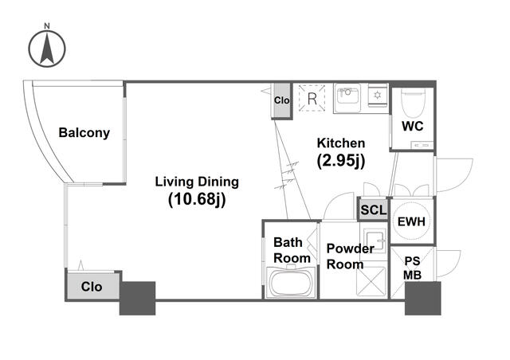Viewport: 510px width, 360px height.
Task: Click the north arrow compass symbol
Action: pos(47,49)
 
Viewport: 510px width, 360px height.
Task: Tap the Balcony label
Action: pos(84,133)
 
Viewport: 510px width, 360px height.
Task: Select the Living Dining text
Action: pos(197,182)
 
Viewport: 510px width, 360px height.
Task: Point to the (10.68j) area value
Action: pos(197,199)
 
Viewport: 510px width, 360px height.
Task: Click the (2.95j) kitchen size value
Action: pos(341,161)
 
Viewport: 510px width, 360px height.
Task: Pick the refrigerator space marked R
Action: pos(312,98)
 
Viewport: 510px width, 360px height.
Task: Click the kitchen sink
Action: pos(347,99)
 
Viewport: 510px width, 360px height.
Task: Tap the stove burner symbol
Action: pos(377,96)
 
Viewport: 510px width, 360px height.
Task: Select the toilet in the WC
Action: pos(413,104)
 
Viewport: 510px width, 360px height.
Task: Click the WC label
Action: pos(413,126)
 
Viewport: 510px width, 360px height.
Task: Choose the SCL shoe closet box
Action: pos(374,209)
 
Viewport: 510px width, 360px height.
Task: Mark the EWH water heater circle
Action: pos(411,221)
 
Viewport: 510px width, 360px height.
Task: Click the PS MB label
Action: pos(412,268)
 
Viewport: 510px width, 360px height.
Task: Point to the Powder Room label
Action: pos(350,256)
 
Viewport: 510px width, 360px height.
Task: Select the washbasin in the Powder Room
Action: pos(374,241)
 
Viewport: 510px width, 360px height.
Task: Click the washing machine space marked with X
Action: pos(371,281)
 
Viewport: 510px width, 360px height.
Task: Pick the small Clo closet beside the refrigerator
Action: pos(281,100)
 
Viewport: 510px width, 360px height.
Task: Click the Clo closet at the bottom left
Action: pos(92,286)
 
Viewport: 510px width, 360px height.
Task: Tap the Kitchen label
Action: pos(341,143)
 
